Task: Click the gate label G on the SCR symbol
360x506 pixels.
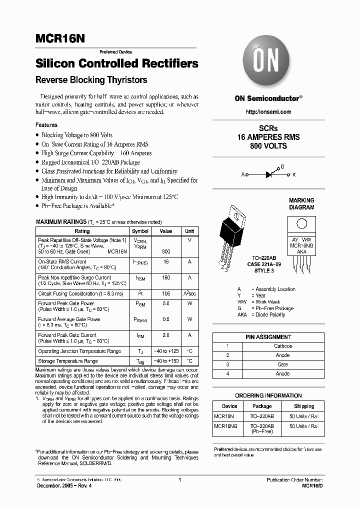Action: click(x=282, y=166)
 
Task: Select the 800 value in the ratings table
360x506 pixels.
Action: click(x=166, y=252)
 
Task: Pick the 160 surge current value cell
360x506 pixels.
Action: click(x=166, y=277)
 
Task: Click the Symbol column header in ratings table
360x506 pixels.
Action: click(x=140, y=231)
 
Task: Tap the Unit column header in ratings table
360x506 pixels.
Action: click(x=189, y=231)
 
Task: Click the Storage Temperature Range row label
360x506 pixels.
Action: click(x=68, y=361)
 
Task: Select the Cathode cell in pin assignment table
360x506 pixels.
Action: click(x=282, y=346)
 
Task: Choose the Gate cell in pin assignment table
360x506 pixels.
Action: click(x=282, y=364)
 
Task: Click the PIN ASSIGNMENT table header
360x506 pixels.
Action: click(x=268, y=337)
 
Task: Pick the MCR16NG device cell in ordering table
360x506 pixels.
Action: click(x=225, y=426)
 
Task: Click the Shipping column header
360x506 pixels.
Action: click(x=304, y=406)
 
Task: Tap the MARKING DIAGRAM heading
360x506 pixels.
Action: click(x=301, y=203)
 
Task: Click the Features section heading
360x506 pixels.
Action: click(x=46, y=125)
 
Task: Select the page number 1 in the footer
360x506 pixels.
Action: click(x=179, y=479)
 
